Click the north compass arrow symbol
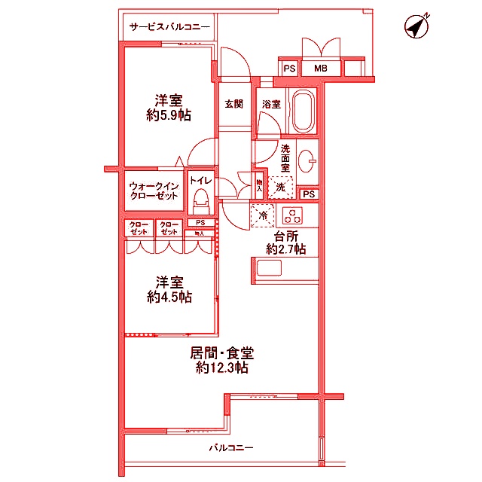(416, 26)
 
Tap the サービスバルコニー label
(169, 27)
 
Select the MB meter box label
(321, 69)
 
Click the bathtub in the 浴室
(303, 111)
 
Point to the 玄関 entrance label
(234, 104)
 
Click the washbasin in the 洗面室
(307, 160)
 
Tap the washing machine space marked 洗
(280, 188)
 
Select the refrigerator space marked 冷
(263, 215)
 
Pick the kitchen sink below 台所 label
(270, 268)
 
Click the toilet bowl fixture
(201, 201)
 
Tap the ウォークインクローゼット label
(154, 191)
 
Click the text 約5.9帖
(169, 115)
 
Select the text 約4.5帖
(169, 297)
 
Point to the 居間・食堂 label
(221, 353)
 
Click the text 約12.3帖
(222, 368)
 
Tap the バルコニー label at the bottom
(231, 447)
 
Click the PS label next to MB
(289, 69)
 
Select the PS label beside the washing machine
(309, 194)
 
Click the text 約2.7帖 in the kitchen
(286, 249)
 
